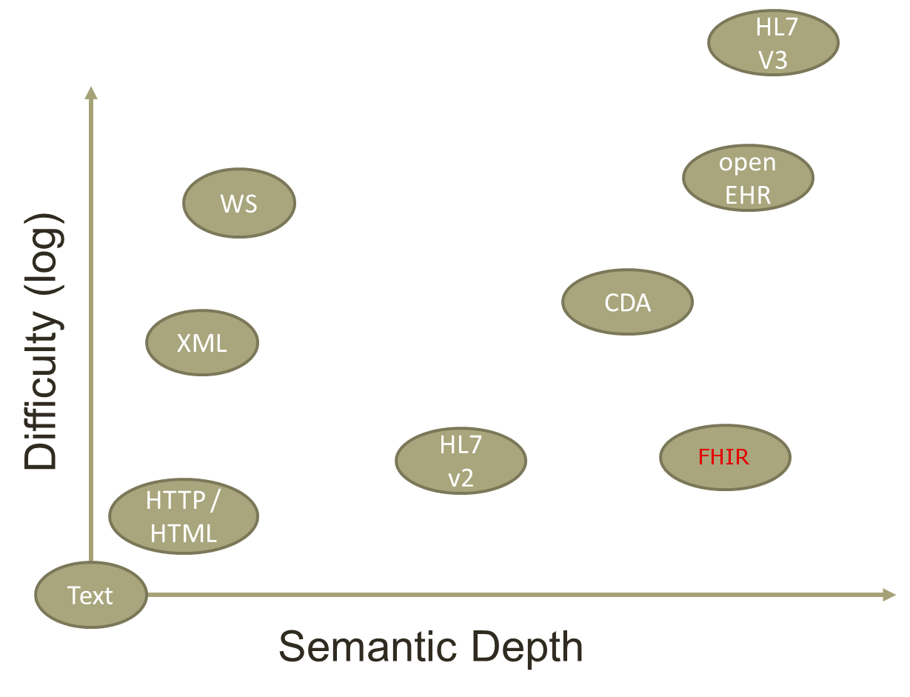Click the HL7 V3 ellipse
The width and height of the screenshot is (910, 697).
click(x=773, y=42)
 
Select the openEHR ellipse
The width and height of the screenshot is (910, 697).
click(x=748, y=178)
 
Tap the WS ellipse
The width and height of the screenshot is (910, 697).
click(x=238, y=203)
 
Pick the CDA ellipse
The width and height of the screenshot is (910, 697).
click(x=627, y=302)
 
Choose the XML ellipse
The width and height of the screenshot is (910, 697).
click(x=201, y=343)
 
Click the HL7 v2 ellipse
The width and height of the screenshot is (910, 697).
click(x=461, y=461)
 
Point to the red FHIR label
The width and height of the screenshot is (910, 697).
click(x=723, y=457)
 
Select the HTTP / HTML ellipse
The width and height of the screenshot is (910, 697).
click(x=183, y=516)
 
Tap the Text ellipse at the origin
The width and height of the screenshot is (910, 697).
click(x=90, y=595)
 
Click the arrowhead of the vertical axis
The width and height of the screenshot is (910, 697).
click(x=91, y=93)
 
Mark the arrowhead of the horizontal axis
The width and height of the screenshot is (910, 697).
click(x=889, y=594)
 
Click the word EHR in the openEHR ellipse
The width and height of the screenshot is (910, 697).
click(x=748, y=194)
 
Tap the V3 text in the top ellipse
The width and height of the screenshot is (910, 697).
click(x=773, y=59)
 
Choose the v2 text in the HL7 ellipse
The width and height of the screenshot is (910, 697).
click(x=461, y=478)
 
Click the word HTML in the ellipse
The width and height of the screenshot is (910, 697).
click(x=183, y=533)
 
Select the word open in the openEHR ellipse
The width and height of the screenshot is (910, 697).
click(x=748, y=161)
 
